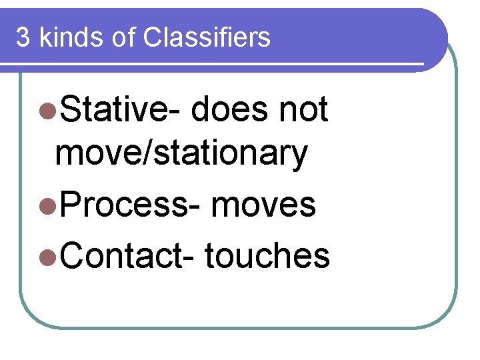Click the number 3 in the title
coord(23,37)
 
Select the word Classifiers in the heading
coord(207,37)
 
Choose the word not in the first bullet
coord(303,109)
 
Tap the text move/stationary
coord(181,155)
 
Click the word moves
coord(263,204)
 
